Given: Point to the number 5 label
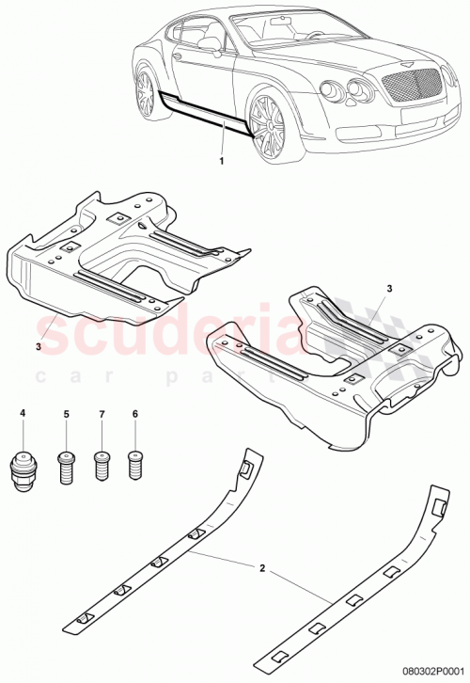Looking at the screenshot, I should click(x=67, y=413).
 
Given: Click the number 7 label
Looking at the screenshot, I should click(x=102, y=413).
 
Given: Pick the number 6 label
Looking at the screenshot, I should click(x=136, y=413).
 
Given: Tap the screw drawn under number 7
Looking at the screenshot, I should click(x=102, y=466).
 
